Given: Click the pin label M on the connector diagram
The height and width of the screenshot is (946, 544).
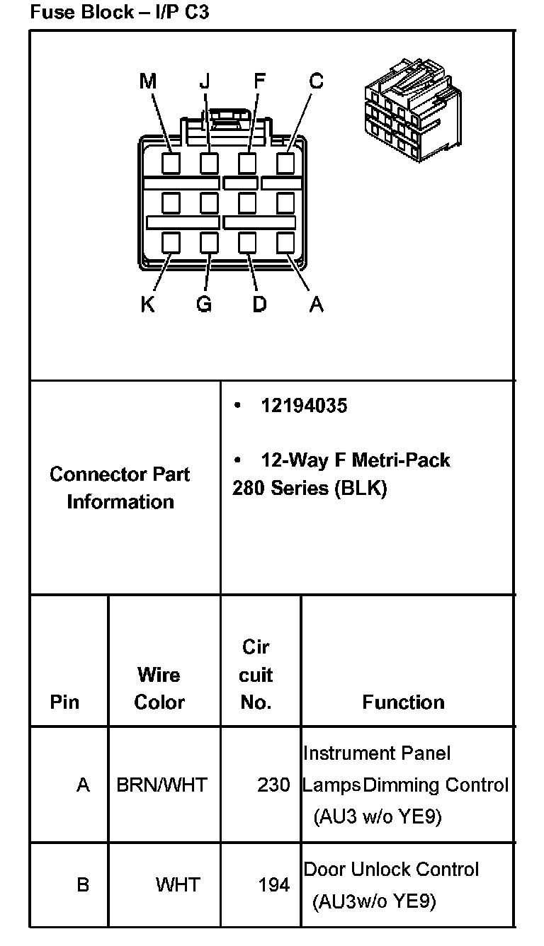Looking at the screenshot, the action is [x=147, y=81].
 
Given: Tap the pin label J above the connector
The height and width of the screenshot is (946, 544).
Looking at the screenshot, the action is [x=205, y=81].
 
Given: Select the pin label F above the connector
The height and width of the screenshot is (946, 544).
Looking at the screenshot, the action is [x=259, y=81].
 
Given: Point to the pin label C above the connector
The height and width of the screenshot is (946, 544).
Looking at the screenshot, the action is [x=316, y=81].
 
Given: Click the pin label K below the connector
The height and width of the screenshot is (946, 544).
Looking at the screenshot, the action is [x=147, y=304].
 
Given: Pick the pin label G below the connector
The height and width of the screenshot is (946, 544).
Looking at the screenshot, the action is [x=203, y=304].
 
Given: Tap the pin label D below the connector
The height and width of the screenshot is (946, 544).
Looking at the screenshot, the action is [x=259, y=304].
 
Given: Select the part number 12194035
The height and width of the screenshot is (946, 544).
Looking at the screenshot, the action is [x=304, y=406].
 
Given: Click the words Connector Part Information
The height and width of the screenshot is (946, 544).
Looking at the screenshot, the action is [x=120, y=488].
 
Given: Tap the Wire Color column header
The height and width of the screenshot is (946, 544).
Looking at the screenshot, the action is [x=159, y=688].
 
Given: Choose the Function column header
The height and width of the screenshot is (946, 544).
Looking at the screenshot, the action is [x=403, y=702].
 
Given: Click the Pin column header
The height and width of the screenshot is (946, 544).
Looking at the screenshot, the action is [x=64, y=702].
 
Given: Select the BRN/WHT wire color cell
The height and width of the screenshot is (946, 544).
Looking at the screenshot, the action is [x=161, y=785].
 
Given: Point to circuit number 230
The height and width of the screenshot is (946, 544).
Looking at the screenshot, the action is [x=273, y=785].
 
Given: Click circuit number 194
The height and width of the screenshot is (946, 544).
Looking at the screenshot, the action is [x=273, y=884].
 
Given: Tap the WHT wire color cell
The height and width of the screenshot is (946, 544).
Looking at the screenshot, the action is [x=178, y=884].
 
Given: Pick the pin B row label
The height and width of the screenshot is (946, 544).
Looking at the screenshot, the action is [x=83, y=884].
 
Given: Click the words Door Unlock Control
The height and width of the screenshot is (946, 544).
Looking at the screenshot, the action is [x=391, y=869].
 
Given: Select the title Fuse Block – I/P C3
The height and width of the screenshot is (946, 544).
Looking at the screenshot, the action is [x=120, y=12].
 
